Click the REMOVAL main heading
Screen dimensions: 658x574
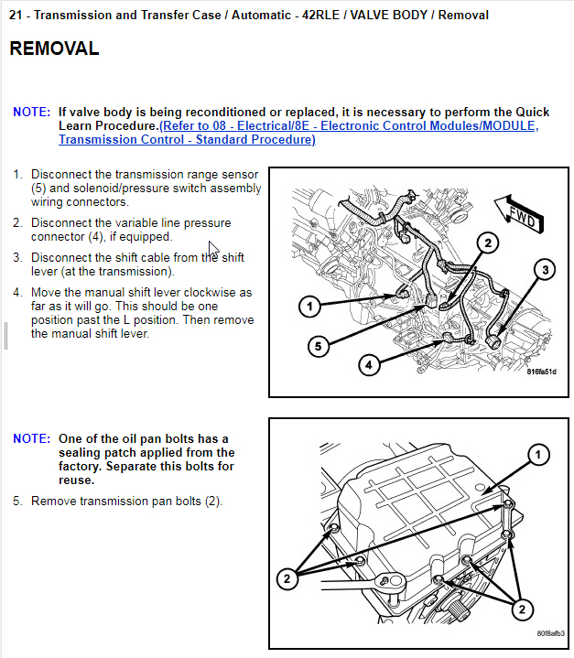(x=54, y=49)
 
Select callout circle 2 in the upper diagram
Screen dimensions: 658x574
(x=487, y=243)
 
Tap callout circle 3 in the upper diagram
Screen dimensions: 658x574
(x=545, y=269)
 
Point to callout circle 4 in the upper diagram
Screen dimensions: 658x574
(x=368, y=364)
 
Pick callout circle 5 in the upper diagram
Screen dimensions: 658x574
(x=318, y=346)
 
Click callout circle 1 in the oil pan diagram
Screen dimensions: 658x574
(x=539, y=454)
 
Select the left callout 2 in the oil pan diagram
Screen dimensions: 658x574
(x=287, y=578)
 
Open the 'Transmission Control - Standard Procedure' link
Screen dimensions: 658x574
(x=187, y=139)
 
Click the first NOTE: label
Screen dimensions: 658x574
(x=32, y=112)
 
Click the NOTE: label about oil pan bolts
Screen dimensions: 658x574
(x=32, y=438)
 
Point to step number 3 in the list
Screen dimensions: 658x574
(x=17, y=258)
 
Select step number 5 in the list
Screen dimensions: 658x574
(x=17, y=501)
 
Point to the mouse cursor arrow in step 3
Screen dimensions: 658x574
(x=212, y=249)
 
